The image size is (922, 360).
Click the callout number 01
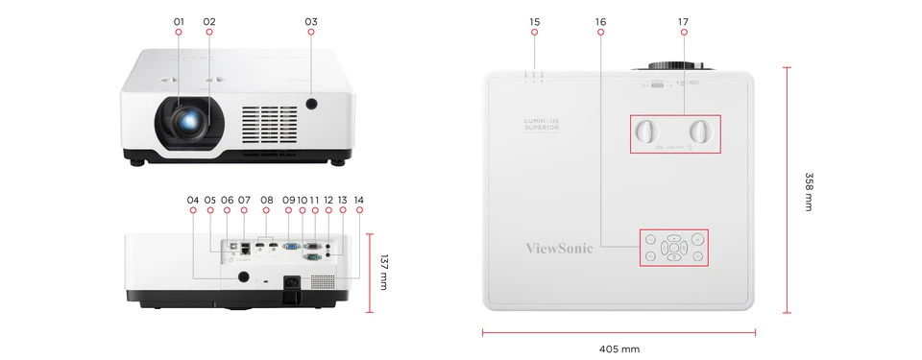[179, 21]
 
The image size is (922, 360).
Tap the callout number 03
[310, 21]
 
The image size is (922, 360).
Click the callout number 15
[535, 21]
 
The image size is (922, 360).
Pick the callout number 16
[600, 21]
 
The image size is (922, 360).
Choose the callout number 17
[683, 21]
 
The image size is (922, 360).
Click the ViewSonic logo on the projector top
[560, 248]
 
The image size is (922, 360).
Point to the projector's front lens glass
[193, 121]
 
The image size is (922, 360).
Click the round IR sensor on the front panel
[311, 103]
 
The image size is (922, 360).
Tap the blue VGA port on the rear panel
[292, 247]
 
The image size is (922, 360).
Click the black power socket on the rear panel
[291, 283]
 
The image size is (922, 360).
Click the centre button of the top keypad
[674, 248]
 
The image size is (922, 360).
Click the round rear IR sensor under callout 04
[243, 276]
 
